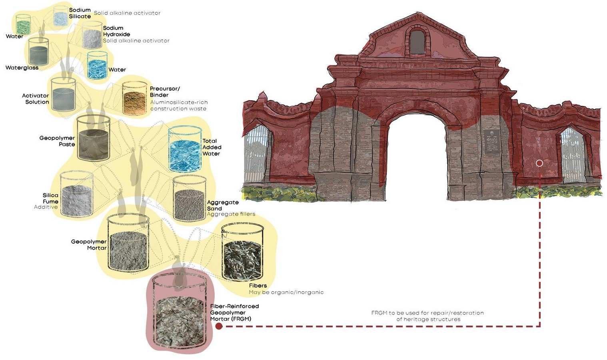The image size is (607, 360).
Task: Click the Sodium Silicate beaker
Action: click(x=60, y=16)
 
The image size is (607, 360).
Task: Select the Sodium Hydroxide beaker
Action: click(x=92, y=36)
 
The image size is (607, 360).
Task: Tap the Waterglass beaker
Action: click(x=38, y=52)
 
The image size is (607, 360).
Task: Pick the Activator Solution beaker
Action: click(x=63, y=94)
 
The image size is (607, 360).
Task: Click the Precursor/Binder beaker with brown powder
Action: click(x=134, y=98)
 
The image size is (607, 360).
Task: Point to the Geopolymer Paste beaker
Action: click(x=94, y=138)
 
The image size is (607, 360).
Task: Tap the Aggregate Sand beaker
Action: click(x=190, y=198)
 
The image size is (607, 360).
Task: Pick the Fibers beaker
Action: click(x=242, y=252)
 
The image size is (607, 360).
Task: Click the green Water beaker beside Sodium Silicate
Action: click(x=23, y=24)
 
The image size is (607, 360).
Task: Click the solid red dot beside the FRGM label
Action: click(x=219, y=326)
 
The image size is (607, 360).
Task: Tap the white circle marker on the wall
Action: click(x=539, y=163)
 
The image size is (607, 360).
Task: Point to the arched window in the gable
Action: click(x=417, y=42)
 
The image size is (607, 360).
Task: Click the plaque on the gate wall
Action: click(x=491, y=141)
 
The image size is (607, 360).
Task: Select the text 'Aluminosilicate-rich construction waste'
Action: click(x=179, y=106)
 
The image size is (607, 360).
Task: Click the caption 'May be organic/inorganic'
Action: click(x=286, y=292)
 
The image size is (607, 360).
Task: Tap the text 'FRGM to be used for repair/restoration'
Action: click(x=427, y=313)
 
